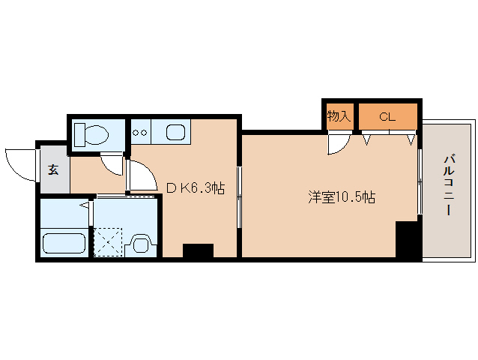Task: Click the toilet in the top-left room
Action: point(91,134)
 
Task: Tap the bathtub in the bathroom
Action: point(64,243)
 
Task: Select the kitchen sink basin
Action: point(176,132)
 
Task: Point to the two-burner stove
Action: point(140,133)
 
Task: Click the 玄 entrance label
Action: point(53,169)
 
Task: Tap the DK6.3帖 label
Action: point(196,188)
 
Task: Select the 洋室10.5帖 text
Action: point(342,197)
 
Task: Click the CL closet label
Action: point(387,117)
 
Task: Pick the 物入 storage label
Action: point(339,116)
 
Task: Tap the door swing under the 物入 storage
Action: point(339,144)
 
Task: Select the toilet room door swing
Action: point(112,165)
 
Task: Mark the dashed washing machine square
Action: point(108,241)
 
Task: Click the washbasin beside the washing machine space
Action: point(141,244)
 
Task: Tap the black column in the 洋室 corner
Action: point(408,239)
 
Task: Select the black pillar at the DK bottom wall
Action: point(198,250)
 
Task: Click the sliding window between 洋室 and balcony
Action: point(420,182)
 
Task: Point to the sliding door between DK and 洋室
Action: point(239,197)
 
